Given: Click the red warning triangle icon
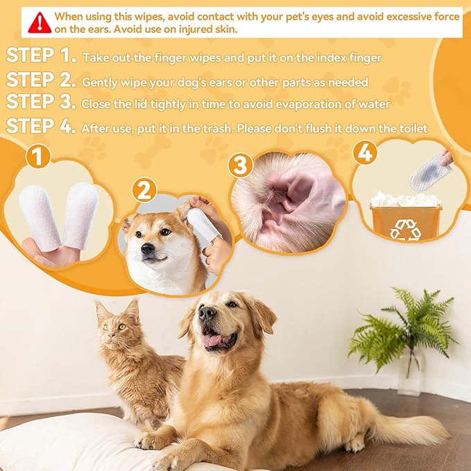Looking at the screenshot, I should click(40, 23).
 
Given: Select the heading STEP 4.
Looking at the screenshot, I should click(40, 127).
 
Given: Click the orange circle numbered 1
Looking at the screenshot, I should click(40, 157).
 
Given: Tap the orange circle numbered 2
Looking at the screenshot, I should click(144, 189).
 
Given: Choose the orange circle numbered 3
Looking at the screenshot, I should click(241, 166).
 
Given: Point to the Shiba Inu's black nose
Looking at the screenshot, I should click(147, 248).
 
